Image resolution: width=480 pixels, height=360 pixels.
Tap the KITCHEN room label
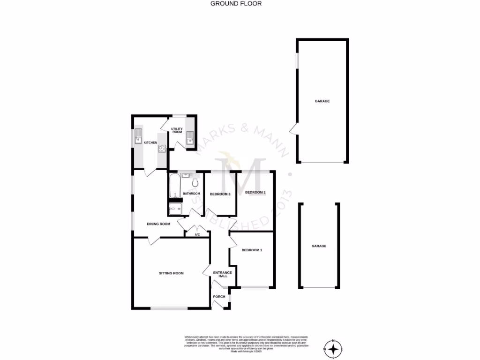click(x=150, y=142)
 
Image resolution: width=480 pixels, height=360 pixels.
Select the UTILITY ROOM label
click(x=176, y=130)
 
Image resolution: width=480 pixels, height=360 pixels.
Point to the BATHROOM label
click(x=191, y=194)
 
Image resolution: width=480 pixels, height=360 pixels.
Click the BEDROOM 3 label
click(x=220, y=194)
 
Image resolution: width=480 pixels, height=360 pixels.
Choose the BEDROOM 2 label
click(x=255, y=192)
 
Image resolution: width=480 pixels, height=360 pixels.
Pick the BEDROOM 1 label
click(x=252, y=250)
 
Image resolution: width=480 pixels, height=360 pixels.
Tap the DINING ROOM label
click(x=158, y=224)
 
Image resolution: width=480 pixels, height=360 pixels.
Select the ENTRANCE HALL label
click(x=222, y=274)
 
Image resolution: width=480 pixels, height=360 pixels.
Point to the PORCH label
click(x=219, y=297)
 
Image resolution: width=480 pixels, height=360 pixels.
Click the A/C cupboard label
click(x=197, y=234)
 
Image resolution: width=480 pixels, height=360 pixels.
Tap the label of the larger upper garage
click(x=322, y=101)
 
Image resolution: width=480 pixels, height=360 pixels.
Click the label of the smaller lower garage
click(x=319, y=246)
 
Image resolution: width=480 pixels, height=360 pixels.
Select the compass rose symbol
click(x=333, y=349)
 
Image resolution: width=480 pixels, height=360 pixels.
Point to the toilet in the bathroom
click(x=195, y=181)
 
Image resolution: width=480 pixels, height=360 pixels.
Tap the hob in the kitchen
click(x=162, y=150)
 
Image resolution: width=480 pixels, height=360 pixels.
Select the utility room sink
click(x=190, y=138)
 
